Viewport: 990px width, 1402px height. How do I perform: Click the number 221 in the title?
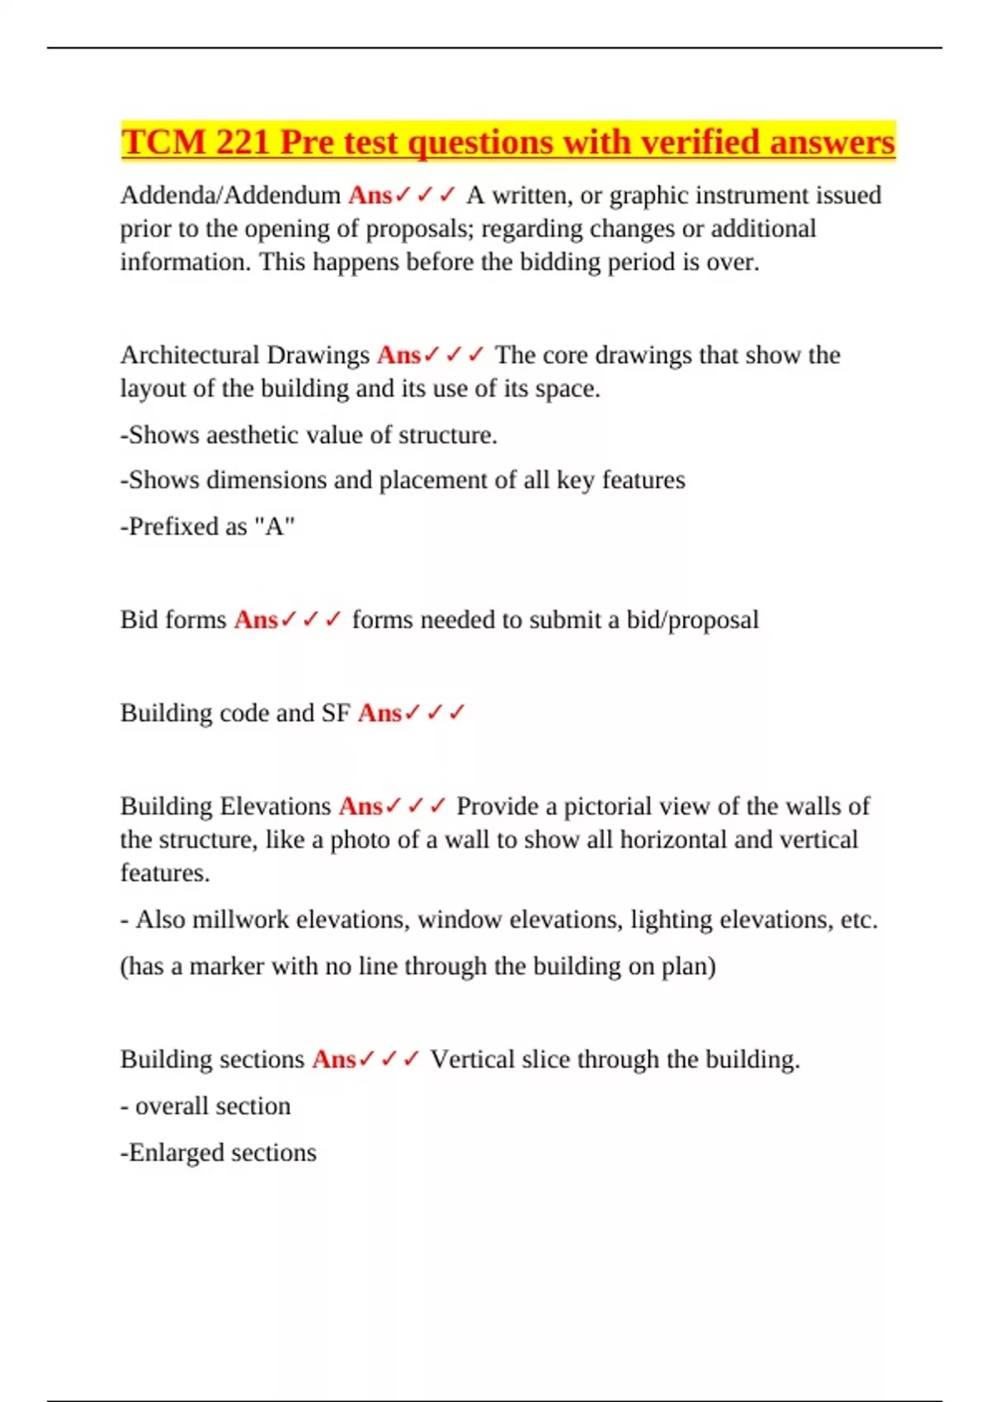tap(242, 142)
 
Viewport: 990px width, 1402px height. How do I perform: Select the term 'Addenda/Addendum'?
tap(230, 195)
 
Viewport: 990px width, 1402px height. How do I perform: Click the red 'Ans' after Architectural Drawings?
tap(398, 355)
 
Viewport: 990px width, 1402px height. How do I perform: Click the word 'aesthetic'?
tap(255, 435)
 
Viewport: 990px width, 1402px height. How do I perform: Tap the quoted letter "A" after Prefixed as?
tap(275, 526)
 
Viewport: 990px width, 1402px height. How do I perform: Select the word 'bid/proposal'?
tap(692, 620)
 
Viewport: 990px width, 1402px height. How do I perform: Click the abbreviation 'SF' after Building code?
tap(336, 713)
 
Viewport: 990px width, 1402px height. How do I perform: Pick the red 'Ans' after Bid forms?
tap(256, 619)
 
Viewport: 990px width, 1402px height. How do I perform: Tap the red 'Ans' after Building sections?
tap(333, 1059)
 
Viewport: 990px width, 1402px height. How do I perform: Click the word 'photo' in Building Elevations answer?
tap(360, 840)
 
